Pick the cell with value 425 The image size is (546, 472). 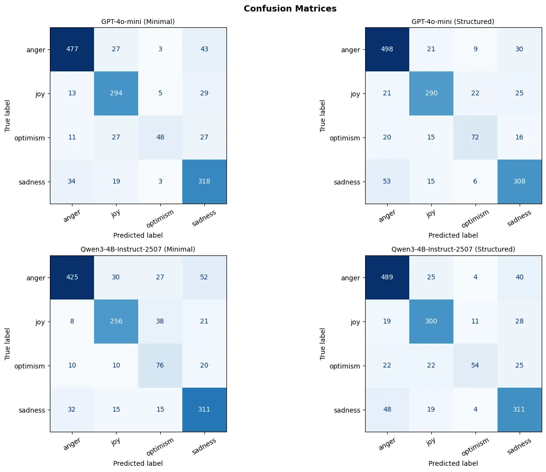click(72, 277)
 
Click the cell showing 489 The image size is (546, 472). click(386, 277)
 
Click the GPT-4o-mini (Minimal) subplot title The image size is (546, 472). click(138, 22)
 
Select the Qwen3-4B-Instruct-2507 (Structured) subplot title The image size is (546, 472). click(453, 249)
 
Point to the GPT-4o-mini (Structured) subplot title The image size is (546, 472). click(453, 22)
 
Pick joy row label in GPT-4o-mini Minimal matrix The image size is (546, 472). click(40, 94)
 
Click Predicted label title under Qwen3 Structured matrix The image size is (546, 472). click(453, 463)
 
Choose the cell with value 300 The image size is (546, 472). click(431, 322)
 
